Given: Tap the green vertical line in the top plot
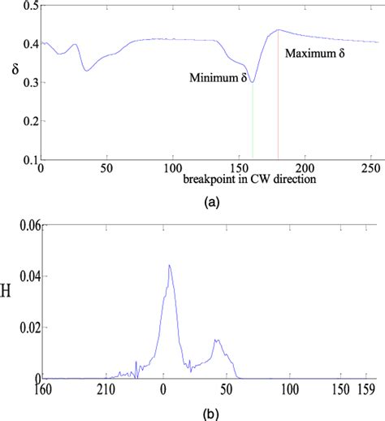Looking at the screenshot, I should [253, 122].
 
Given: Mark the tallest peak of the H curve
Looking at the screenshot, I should [170, 265].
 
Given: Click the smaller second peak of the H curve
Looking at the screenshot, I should [218, 340].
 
